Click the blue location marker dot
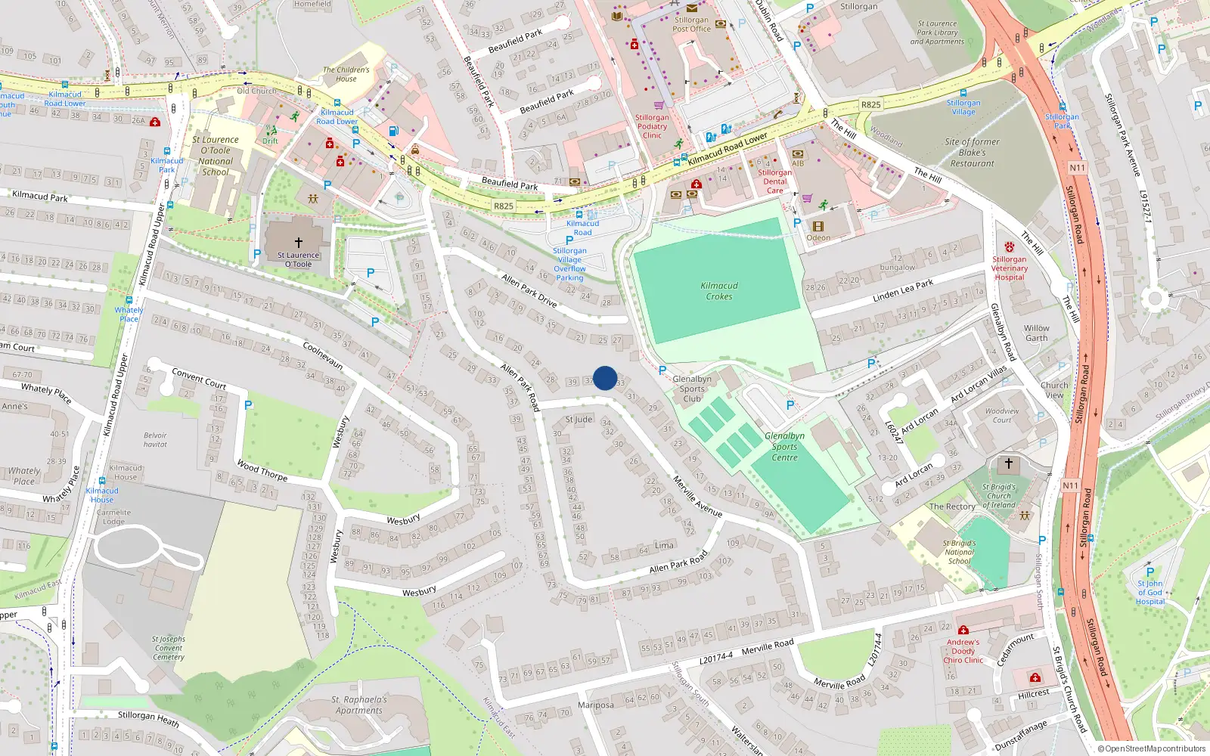point(605,378)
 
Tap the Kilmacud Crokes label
point(719,291)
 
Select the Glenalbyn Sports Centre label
point(784,447)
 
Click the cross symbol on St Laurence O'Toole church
point(299,242)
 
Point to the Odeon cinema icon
point(818,226)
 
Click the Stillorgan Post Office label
point(691,25)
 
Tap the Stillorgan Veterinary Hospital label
point(1010,268)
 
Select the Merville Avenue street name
point(697,497)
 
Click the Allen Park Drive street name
point(529,290)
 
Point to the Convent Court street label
point(199,378)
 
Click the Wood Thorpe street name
point(262,470)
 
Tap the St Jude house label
point(579,420)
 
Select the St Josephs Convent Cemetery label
point(169,648)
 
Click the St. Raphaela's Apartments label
point(359,705)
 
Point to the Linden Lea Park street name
point(903,290)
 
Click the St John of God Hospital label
point(1149,593)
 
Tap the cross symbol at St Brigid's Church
point(1008,463)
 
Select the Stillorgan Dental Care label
point(774,181)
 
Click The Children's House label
point(346,74)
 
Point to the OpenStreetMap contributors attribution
point(1152,748)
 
